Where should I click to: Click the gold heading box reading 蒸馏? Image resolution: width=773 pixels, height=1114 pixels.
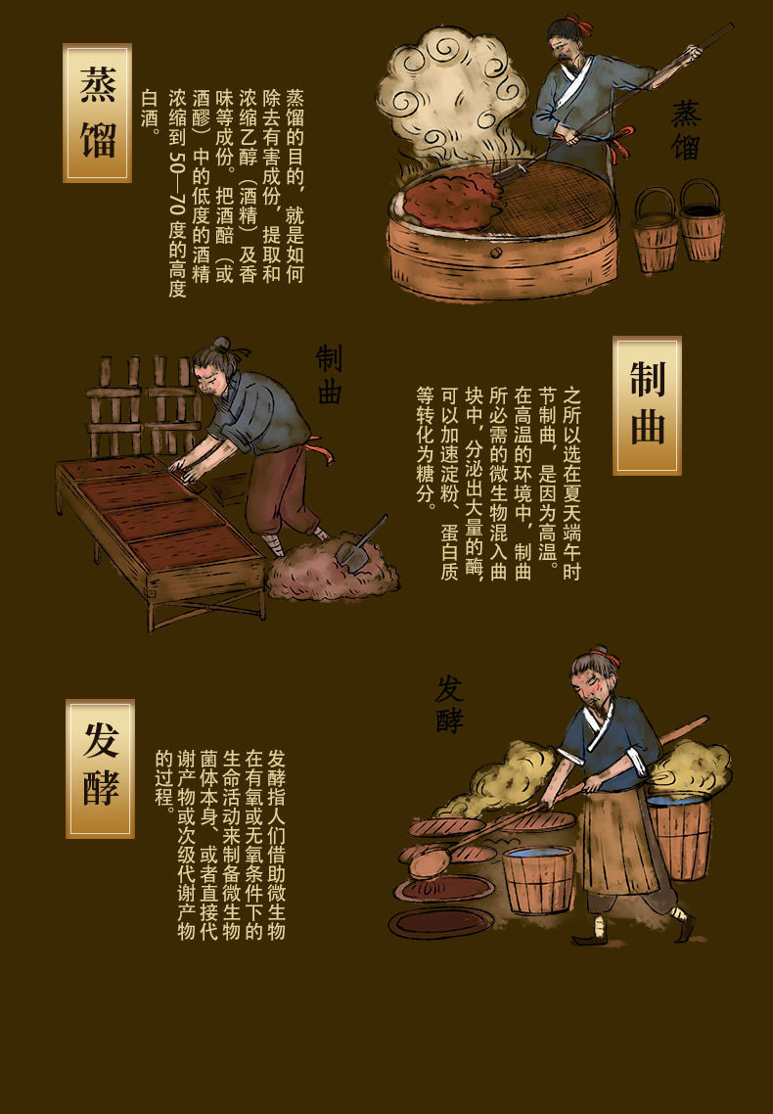[97, 113]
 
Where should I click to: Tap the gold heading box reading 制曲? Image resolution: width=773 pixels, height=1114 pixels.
[647, 405]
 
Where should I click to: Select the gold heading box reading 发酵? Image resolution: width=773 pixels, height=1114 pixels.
[100, 768]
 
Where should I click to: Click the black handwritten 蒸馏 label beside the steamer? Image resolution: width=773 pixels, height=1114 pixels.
[686, 130]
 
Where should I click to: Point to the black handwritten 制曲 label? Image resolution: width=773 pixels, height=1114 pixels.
[329, 374]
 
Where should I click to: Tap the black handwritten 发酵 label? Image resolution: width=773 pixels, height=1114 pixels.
[449, 704]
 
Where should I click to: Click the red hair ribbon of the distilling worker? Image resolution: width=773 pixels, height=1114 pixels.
[583, 27]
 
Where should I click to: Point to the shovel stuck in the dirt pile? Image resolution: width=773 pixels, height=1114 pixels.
[361, 543]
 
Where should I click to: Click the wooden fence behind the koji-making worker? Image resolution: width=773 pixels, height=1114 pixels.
[142, 405]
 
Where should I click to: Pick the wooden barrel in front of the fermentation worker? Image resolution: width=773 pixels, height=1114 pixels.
[538, 879]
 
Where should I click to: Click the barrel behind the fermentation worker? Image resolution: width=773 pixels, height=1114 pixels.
[680, 836]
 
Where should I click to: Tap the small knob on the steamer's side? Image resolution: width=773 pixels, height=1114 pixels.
[496, 253]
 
